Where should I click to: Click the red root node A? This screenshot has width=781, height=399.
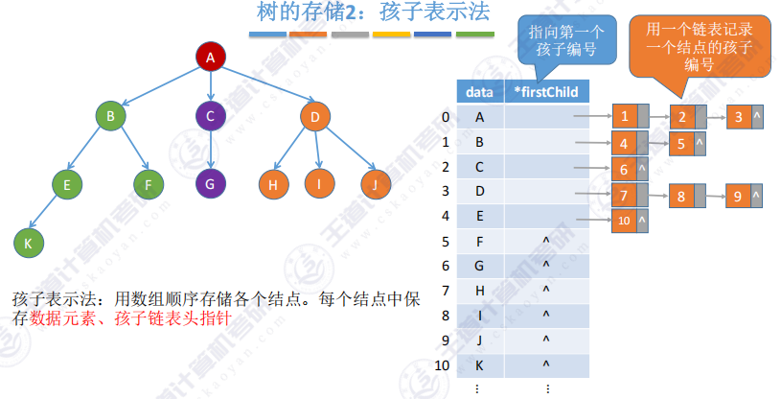210,58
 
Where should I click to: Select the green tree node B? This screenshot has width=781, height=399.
111,118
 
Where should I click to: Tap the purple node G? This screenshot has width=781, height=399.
210,180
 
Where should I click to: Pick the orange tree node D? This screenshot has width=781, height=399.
313,118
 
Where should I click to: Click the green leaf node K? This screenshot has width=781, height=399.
28,243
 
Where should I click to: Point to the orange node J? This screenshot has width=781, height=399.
376,182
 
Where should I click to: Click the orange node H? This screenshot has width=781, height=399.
274,182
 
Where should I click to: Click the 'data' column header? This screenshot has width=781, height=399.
479,92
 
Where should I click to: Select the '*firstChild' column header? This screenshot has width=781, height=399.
545,92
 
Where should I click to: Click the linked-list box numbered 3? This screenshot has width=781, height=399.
739,118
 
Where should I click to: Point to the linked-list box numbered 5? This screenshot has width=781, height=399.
680,145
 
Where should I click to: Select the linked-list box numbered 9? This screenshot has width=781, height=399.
739,197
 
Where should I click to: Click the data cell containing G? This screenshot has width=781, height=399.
479,265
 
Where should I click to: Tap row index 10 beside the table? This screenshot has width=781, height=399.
442,364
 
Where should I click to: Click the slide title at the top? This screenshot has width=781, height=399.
374,13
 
